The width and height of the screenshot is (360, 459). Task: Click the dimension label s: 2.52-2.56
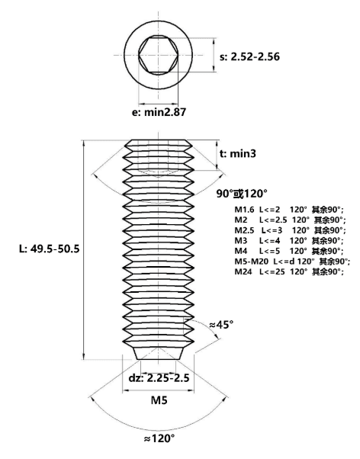pyautogui.click(x=249, y=56)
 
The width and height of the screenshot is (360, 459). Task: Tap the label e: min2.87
pyautogui.click(x=159, y=112)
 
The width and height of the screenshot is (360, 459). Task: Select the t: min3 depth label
pyautogui.click(x=237, y=153)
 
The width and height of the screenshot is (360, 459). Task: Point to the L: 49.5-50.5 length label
pyautogui.click(x=50, y=249)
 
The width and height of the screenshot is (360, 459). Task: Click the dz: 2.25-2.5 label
pyautogui.click(x=159, y=377)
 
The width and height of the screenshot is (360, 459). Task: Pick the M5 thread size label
pyautogui.click(x=159, y=400)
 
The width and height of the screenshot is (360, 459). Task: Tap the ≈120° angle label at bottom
pyautogui.click(x=159, y=438)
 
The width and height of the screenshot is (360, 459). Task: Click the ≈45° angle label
pyautogui.click(x=221, y=324)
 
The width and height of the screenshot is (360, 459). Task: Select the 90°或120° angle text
pyautogui.click(x=242, y=194)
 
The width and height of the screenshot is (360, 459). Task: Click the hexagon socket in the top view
pyautogui.click(x=158, y=56)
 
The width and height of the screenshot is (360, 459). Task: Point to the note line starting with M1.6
pyautogui.click(x=288, y=210)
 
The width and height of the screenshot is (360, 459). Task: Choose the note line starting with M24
pyautogui.click(x=288, y=271)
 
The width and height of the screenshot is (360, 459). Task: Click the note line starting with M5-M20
pyautogui.click(x=292, y=261)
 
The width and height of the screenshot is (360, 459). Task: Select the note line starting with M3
pyautogui.click(x=288, y=241)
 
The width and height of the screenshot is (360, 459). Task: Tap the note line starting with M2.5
pyautogui.click(x=290, y=230)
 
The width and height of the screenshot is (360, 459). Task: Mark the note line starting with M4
pyautogui.click(x=288, y=251)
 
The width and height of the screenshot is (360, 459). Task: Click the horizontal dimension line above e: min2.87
pyautogui.click(x=158, y=104)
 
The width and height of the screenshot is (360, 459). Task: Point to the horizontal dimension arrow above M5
pyautogui.click(x=158, y=390)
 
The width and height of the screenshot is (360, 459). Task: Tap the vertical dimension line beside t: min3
pyautogui.click(x=217, y=155)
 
